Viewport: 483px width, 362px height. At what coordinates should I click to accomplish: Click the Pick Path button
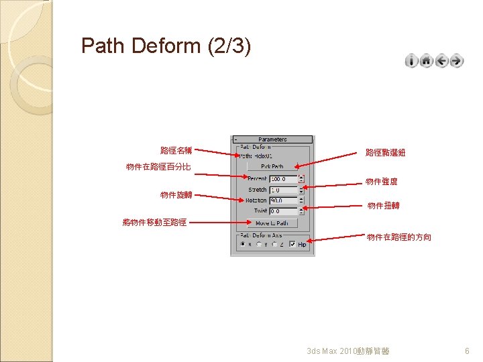click(x=272, y=166)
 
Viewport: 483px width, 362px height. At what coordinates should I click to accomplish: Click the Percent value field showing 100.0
click(x=282, y=179)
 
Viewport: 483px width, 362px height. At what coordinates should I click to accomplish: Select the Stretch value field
click(x=282, y=190)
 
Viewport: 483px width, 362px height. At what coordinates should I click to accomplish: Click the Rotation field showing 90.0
click(x=282, y=200)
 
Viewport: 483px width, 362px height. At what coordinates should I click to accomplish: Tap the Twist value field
click(x=282, y=211)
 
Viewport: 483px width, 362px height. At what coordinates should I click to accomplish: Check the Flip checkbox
click(x=292, y=245)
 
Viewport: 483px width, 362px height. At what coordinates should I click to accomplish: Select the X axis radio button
click(x=242, y=245)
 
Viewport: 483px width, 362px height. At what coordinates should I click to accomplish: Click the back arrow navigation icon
click(x=441, y=61)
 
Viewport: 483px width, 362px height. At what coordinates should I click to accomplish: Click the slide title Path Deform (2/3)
click(x=166, y=46)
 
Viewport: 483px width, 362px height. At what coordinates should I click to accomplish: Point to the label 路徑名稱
click(x=176, y=150)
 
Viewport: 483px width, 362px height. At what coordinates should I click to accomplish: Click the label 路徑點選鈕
click(x=385, y=153)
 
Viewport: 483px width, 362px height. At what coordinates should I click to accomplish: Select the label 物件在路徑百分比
click(x=158, y=166)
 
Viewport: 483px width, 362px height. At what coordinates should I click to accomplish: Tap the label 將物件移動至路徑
click(x=154, y=222)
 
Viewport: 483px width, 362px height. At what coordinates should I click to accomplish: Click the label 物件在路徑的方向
click(x=399, y=237)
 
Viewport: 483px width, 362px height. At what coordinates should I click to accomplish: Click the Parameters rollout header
click(x=272, y=139)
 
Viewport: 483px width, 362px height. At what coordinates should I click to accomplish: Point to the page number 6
click(x=468, y=351)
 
